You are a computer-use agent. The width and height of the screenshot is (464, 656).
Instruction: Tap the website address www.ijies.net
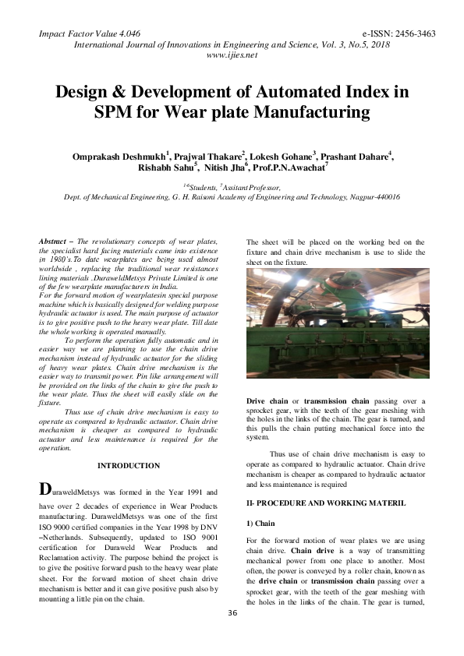tap(232, 57)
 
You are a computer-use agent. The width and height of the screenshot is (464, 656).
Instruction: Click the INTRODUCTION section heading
tap(129, 466)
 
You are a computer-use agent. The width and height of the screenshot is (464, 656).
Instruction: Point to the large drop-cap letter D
tap(46, 490)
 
